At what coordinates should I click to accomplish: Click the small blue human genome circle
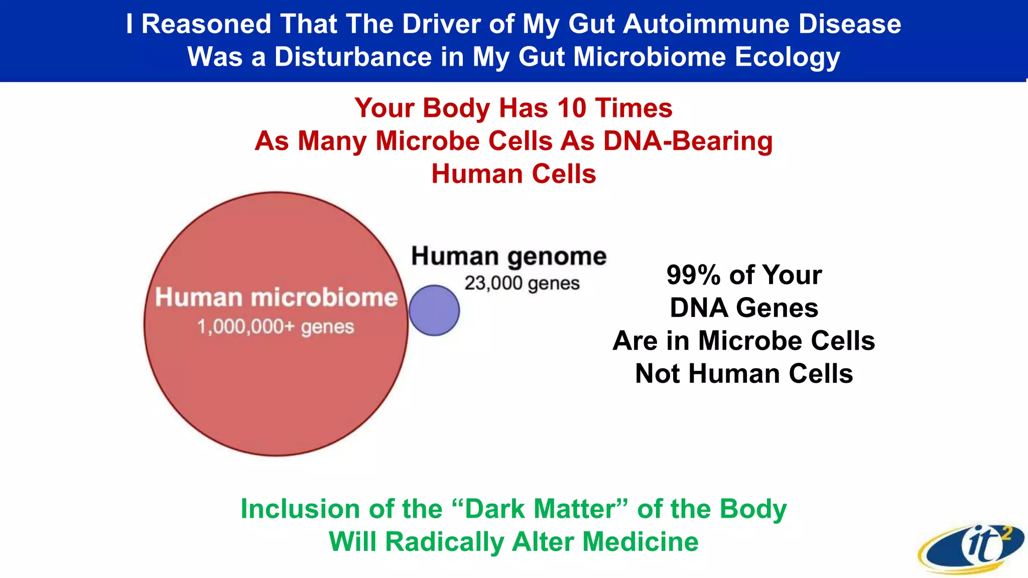click(434, 311)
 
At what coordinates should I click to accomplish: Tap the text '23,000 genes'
click(522, 283)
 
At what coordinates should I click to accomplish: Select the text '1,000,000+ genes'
click(276, 327)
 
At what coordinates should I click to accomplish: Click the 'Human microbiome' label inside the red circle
click(276, 298)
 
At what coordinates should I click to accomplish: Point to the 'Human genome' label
click(509, 256)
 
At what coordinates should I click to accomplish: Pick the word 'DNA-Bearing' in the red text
click(688, 141)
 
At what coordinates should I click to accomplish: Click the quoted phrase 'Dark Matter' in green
click(540, 509)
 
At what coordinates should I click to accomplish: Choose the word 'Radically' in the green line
click(444, 542)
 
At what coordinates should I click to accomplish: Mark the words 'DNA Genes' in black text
click(744, 308)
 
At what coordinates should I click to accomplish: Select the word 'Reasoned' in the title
click(206, 24)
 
